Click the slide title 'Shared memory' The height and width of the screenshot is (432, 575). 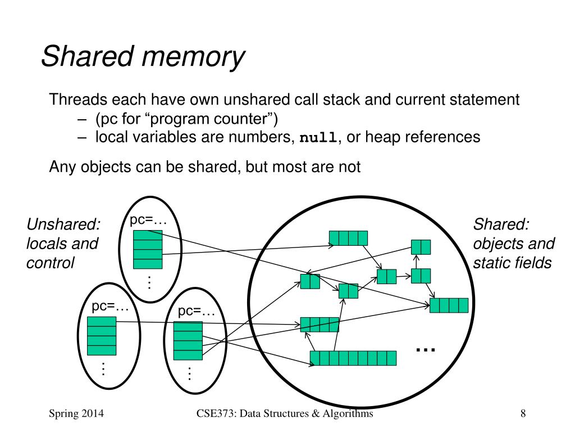143,56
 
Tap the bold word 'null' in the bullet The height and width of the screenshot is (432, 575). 318,137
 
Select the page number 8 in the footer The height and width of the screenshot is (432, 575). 523,413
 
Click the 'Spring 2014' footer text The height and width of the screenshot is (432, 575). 76,413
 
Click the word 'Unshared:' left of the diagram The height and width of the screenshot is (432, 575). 63,224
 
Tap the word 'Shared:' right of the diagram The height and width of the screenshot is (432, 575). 501,224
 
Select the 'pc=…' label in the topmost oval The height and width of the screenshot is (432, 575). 148,220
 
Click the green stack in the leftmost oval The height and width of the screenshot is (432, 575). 102,336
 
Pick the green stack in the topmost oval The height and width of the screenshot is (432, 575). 148,249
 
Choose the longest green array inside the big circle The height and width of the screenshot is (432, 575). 353,358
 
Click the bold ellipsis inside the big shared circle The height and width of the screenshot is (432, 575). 426,350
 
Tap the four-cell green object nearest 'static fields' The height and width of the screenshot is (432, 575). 449,305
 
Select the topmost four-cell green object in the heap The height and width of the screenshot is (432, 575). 348,238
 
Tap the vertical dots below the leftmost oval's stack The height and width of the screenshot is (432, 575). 103,368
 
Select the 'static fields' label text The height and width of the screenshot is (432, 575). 512,263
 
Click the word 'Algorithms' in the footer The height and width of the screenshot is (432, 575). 348,413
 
